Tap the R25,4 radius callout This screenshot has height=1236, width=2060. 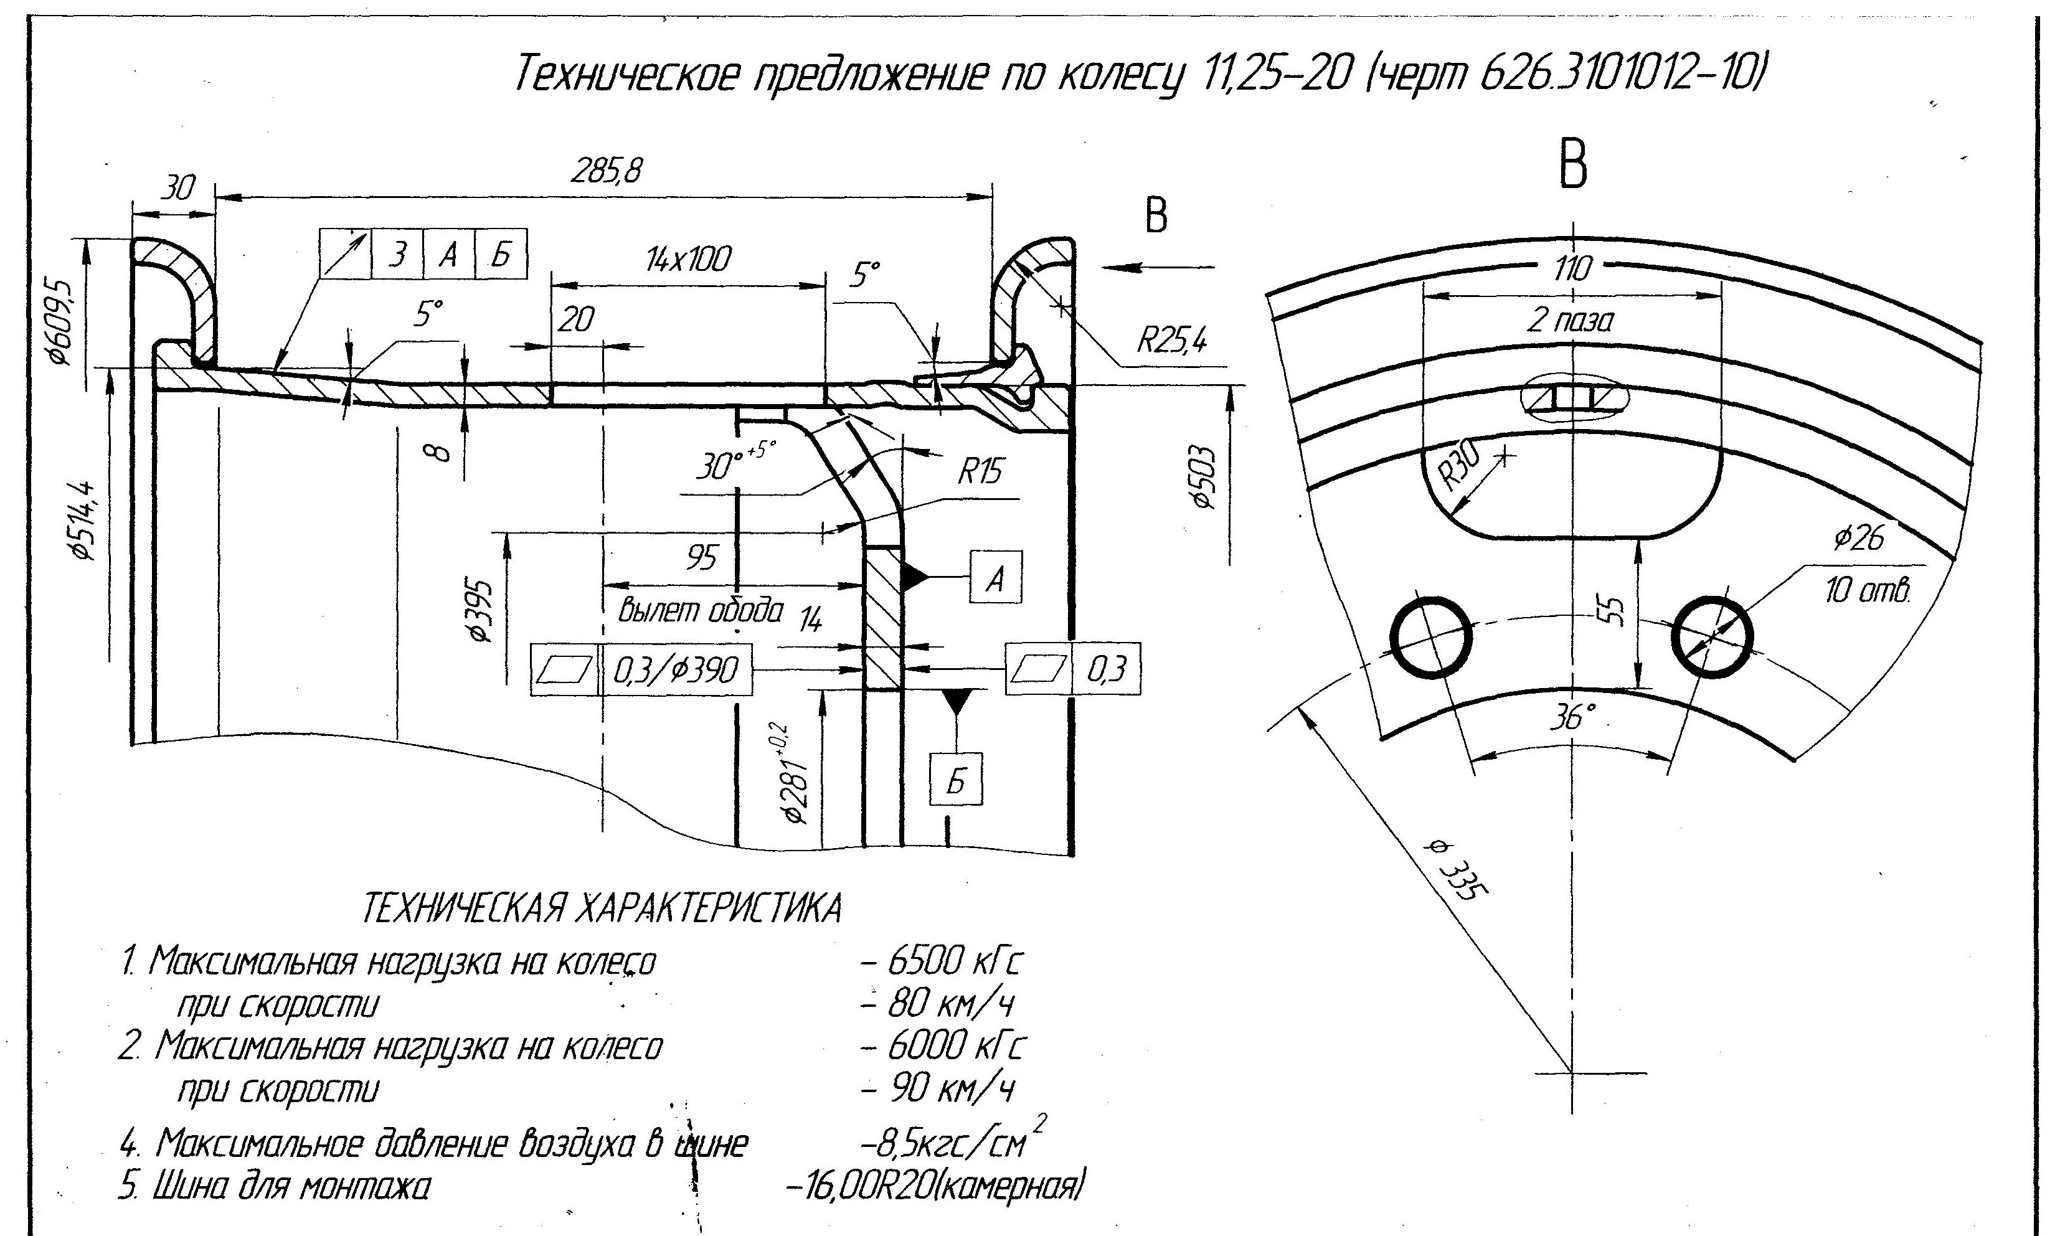[x=1171, y=340]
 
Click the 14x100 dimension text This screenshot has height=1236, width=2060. [x=688, y=259]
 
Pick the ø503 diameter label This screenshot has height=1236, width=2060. [x=1203, y=478]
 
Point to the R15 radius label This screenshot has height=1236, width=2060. [x=980, y=472]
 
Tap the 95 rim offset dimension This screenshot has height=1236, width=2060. [x=701, y=558]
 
